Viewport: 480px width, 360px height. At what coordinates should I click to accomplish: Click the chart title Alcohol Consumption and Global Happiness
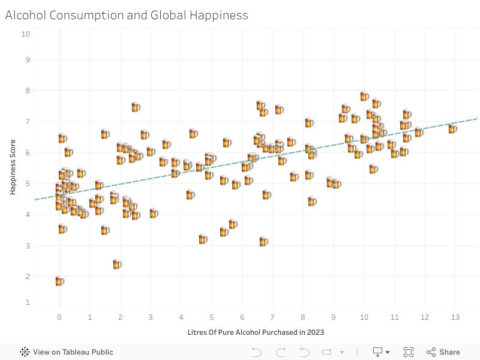click(127, 16)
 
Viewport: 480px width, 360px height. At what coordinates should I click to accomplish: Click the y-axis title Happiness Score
click(13, 167)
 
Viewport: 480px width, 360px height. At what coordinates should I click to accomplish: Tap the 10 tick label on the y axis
click(26, 34)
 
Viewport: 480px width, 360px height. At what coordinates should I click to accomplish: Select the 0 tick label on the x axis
click(59, 317)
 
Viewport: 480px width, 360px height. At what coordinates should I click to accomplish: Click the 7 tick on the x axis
click(272, 317)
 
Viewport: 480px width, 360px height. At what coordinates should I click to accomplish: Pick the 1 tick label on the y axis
click(27, 302)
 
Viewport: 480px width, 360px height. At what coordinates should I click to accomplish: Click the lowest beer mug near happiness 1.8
click(59, 281)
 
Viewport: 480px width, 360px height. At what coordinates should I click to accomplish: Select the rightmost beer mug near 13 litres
click(453, 128)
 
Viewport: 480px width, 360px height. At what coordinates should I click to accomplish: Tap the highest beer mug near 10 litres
click(364, 96)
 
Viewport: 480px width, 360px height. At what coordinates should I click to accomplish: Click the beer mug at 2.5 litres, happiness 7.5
click(136, 107)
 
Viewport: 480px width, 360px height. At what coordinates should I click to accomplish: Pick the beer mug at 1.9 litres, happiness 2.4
click(117, 264)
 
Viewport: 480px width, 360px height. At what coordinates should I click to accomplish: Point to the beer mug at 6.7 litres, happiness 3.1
click(263, 241)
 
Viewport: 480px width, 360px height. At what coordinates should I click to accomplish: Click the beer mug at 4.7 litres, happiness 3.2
click(203, 239)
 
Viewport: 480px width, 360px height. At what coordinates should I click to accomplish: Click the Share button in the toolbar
click(443, 352)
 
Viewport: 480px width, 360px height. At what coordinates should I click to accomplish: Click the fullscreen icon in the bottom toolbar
click(409, 352)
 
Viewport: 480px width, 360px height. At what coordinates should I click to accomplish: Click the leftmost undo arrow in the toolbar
click(256, 352)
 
